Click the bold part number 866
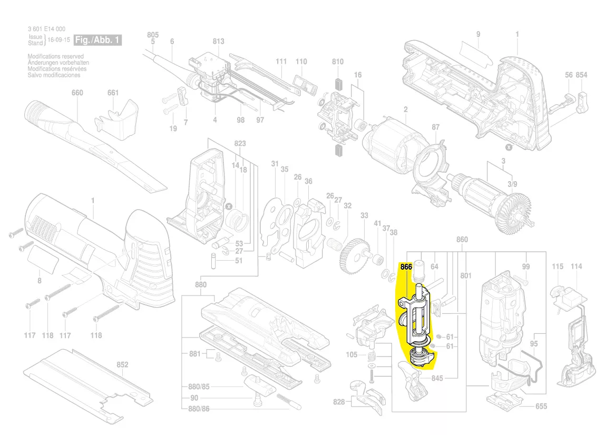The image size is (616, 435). (x=406, y=267)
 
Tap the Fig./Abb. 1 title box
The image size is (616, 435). (x=98, y=40)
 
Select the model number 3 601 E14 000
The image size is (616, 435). (x=46, y=29)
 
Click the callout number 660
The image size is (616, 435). (x=77, y=93)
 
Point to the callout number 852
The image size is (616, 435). (x=122, y=364)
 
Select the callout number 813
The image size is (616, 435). (x=218, y=42)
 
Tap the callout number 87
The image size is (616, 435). (x=435, y=127)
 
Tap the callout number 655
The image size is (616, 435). (x=541, y=406)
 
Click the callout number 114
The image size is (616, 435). (x=576, y=266)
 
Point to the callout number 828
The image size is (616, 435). (x=339, y=402)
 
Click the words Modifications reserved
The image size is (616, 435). (x=55, y=56)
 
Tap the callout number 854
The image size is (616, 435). (x=581, y=75)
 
